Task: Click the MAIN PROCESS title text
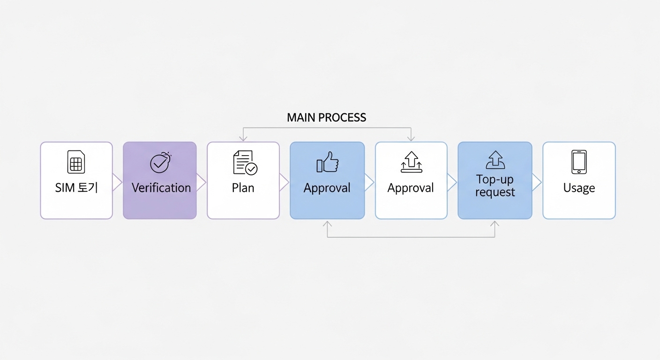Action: click(326, 118)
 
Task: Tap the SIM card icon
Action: click(76, 162)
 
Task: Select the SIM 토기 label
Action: click(76, 188)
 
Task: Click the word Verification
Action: click(161, 188)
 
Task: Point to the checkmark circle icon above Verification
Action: click(160, 162)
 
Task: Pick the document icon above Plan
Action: click(245, 163)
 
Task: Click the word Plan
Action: click(243, 188)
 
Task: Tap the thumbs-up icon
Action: click(327, 162)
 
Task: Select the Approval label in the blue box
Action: click(327, 188)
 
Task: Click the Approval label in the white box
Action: click(411, 188)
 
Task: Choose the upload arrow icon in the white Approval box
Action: click(411, 162)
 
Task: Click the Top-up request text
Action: click(495, 186)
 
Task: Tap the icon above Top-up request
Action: click(495, 160)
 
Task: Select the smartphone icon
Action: click(579, 162)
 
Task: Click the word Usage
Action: click(579, 188)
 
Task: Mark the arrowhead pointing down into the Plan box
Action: click(243, 138)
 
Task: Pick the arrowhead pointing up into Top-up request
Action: click(495, 224)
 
